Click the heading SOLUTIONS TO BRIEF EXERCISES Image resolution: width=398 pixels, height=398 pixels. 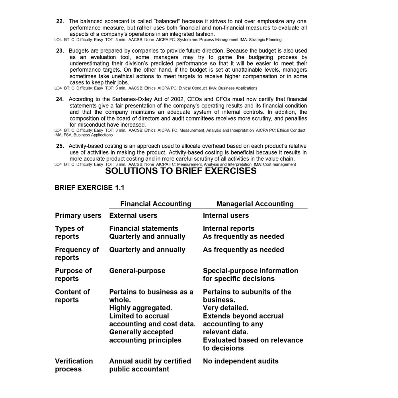click(x=181, y=171)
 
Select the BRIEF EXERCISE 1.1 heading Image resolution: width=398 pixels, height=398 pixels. click(x=89, y=188)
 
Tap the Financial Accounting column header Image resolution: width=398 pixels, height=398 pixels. click(x=156, y=204)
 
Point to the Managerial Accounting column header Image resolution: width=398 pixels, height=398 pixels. click(x=255, y=204)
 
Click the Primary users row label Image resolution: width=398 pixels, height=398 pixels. click(x=78, y=215)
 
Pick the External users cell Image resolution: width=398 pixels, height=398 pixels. click(x=133, y=215)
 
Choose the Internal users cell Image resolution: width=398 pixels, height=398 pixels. click(x=226, y=215)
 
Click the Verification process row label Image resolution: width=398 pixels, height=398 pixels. click(x=74, y=365)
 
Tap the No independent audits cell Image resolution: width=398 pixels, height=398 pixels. click(x=240, y=361)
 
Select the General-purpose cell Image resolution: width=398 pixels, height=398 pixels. click(x=137, y=271)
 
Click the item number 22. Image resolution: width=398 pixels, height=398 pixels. click(x=60, y=21)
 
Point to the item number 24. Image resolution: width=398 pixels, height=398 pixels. click(x=60, y=99)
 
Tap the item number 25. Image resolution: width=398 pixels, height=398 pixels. click(x=60, y=146)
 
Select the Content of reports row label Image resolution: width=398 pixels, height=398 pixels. click(x=72, y=296)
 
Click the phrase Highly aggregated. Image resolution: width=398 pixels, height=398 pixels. click(x=140, y=308)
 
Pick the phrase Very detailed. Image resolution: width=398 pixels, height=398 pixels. click(x=225, y=308)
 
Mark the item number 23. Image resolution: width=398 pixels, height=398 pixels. click(x=60, y=51)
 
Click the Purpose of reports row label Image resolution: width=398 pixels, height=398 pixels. click(x=73, y=275)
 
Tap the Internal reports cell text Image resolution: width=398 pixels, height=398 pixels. click(x=228, y=228)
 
